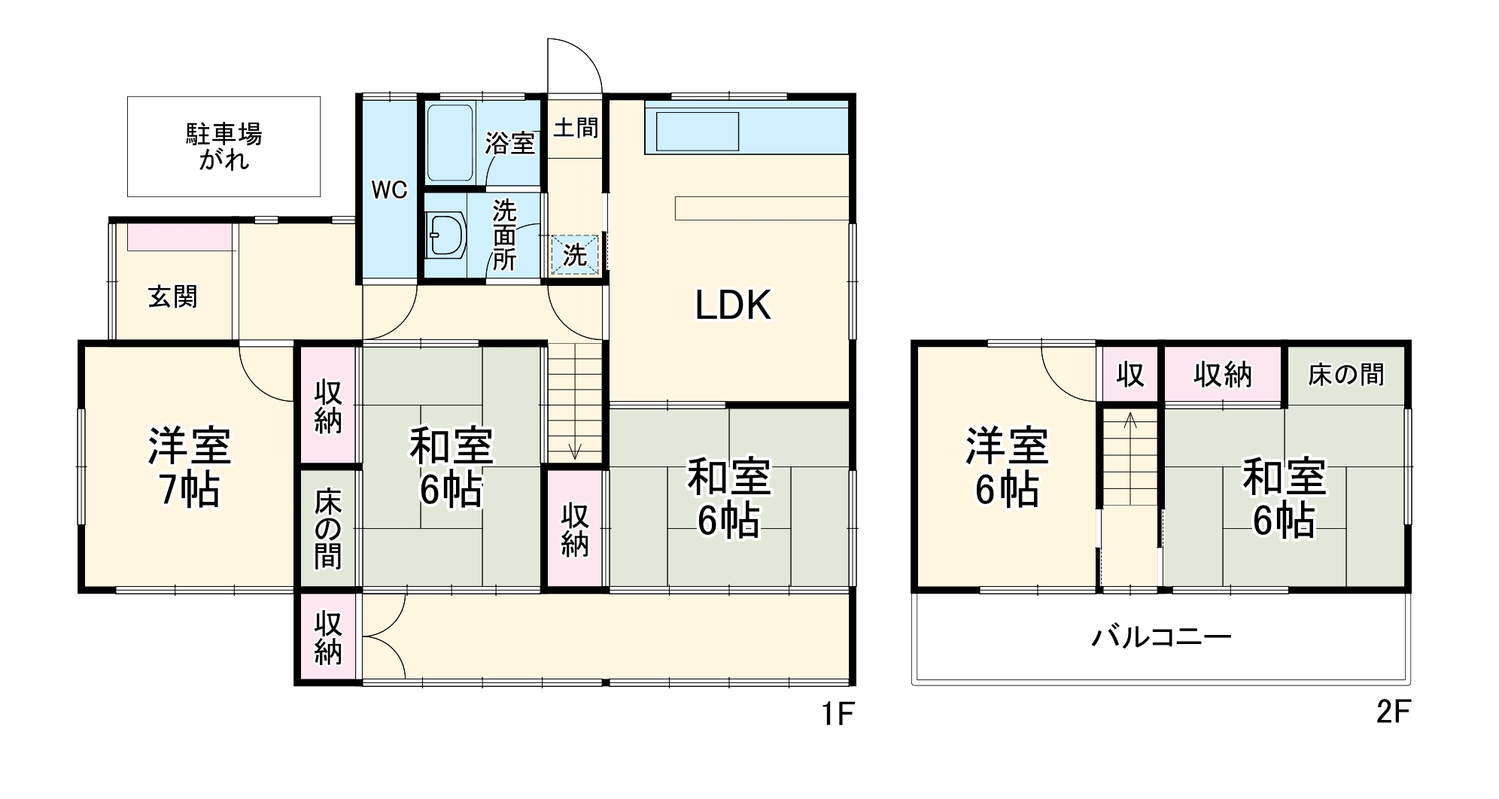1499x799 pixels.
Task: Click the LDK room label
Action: pyautogui.click(x=732, y=305)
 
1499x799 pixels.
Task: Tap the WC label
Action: pyautogui.click(x=389, y=190)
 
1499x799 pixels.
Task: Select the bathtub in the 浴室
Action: pyautogui.click(x=450, y=142)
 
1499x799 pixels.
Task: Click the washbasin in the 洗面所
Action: pyautogui.click(x=445, y=235)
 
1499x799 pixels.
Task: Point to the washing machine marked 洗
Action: pyautogui.click(x=575, y=255)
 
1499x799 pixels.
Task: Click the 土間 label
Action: pyautogui.click(x=576, y=128)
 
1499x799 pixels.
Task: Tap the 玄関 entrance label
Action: pyautogui.click(x=172, y=297)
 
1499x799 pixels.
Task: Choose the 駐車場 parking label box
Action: pyautogui.click(x=223, y=147)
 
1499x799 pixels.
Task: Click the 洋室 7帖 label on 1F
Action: pyautogui.click(x=189, y=467)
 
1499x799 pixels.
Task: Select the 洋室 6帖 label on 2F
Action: pyautogui.click(x=1007, y=467)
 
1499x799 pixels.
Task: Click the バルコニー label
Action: pyautogui.click(x=1161, y=638)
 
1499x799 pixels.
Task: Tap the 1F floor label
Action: pyautogui.click(x=838, y=713)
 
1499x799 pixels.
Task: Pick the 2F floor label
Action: pyautogui.click(x=1392, y=712)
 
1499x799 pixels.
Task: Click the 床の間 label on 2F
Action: pyautogui.click(x=1345, y=374)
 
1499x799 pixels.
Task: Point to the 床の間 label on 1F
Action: pyautogui.click(x=328, y=528)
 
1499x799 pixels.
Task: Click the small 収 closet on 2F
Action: pyautogui.click(x=1130, y=374)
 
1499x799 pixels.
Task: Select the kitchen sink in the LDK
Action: pyautogui.click(x=698, y=132)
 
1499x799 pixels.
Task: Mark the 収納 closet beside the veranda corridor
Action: pyautogui.click(x=328, y=638)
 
